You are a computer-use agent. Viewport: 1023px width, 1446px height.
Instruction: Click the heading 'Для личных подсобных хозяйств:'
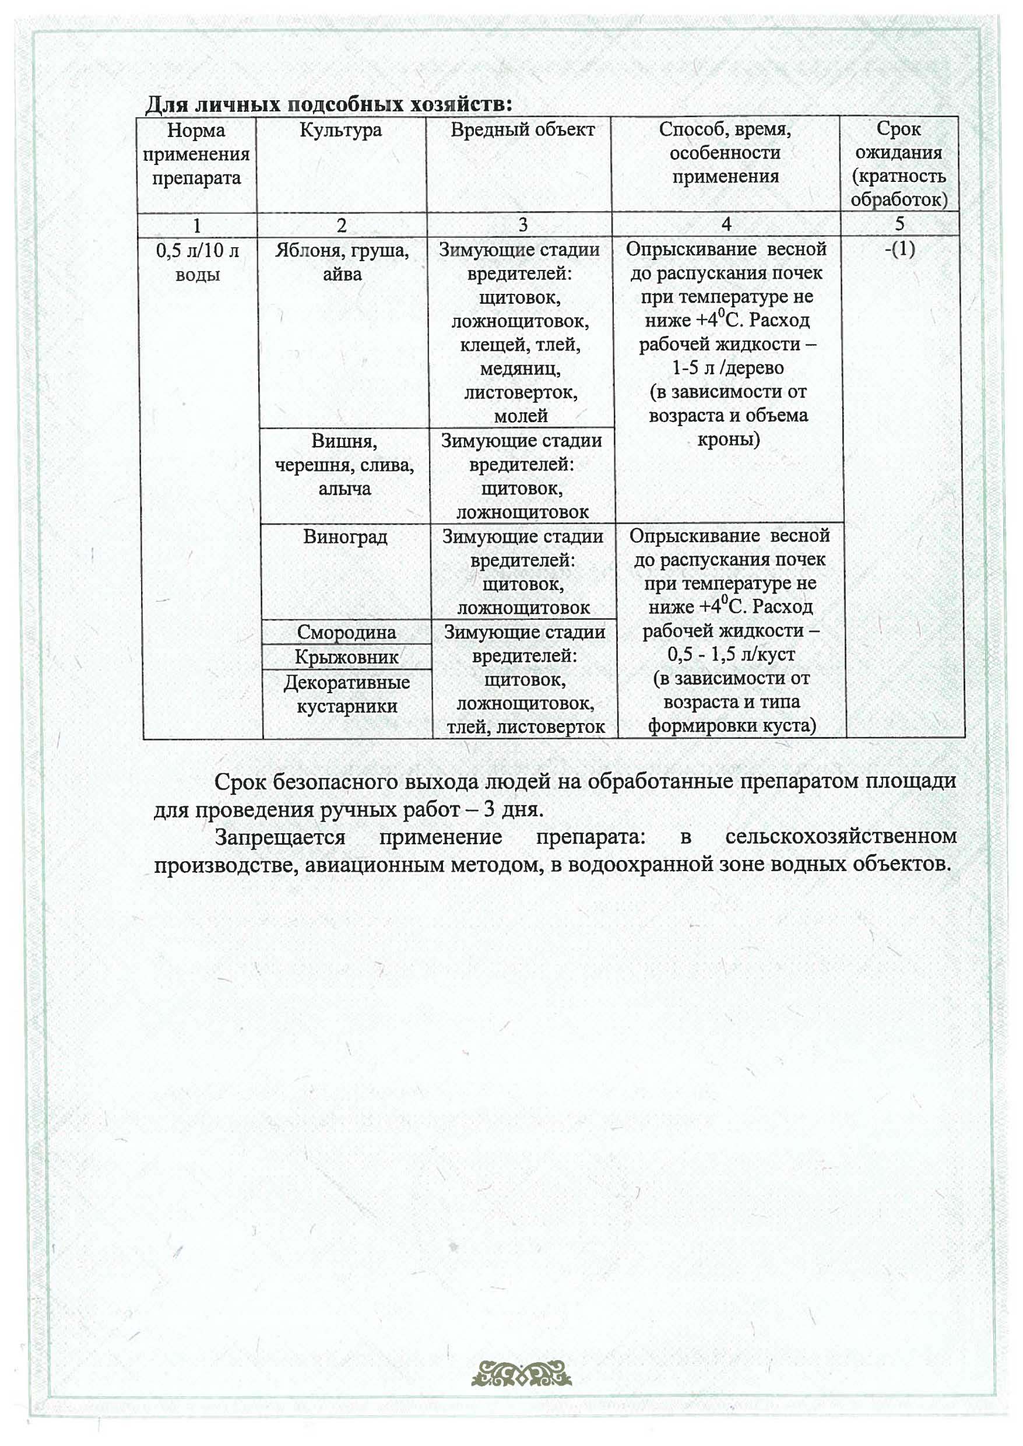pyautogui.click(x=328, y=104)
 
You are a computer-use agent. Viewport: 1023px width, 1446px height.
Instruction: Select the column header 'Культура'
pyautogui.click(x=341, y=130)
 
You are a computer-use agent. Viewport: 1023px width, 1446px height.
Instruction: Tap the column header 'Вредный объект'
pyautogui.click(x=522, y=130)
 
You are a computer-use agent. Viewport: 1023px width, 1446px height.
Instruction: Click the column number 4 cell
pyautogui.click(x=726, y=224)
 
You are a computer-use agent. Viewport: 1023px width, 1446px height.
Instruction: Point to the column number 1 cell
pyautogui.click(x=197, y=225)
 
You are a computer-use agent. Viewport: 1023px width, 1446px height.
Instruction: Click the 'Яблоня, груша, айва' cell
pyautogui.click(x=342, y=262)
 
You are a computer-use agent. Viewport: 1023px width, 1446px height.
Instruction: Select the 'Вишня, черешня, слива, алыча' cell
pyautogui.click(x=344, y=464)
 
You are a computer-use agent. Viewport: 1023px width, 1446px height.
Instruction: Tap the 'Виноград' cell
pyautogui.click(x=345, y=537)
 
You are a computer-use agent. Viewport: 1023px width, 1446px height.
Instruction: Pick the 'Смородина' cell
pyautogui.click(x=346, y=632)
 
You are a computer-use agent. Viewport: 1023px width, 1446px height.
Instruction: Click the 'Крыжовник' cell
pyautogui.click(x=346, y=657)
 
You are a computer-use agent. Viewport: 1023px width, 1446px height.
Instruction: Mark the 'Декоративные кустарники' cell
pyautogui.click(x=347, y=694)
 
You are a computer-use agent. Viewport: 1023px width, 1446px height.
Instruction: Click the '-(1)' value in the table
pyautogui.click(x=899, y=249)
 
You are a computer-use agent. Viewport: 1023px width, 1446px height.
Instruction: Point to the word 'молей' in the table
pyautogui.click(x=521, y=416)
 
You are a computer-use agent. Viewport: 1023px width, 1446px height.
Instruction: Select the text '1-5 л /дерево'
pyautogui.click(x=727, y=367)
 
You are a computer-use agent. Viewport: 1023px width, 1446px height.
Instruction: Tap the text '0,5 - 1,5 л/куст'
pyautogui.click(x=731, y=654)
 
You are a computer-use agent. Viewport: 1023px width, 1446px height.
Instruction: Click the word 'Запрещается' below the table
pyautogui.click(x=280, y=837)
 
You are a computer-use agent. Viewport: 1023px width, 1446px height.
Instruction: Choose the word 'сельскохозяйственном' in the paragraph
pyautogui.click(x=841, y=836)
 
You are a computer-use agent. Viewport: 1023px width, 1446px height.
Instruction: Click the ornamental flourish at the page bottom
pyautogui.click(x=522, y=1374)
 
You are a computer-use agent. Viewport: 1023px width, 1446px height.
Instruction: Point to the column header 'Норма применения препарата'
pyautogui.click(x=196, y=155)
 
